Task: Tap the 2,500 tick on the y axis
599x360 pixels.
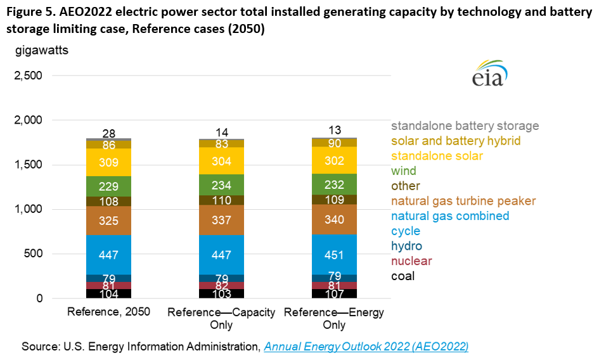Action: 28,76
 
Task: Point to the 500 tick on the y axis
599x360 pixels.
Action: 34,254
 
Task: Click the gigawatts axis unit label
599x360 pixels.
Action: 42,49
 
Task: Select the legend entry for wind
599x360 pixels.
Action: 404,171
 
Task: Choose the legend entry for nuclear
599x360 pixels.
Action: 411,261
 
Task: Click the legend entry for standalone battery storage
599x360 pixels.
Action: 465,126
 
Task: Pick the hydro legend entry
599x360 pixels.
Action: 406,246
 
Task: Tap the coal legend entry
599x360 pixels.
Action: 403,276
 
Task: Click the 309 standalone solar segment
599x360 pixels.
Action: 108,162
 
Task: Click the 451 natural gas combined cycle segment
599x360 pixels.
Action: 334,254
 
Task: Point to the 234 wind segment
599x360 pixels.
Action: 221,184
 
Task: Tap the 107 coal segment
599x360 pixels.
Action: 334,293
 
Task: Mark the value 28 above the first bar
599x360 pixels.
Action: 108,133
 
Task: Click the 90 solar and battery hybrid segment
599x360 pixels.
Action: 334,143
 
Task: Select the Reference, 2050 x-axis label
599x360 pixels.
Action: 108,313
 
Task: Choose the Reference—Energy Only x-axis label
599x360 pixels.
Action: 334,319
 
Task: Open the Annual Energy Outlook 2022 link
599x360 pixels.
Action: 366,347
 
